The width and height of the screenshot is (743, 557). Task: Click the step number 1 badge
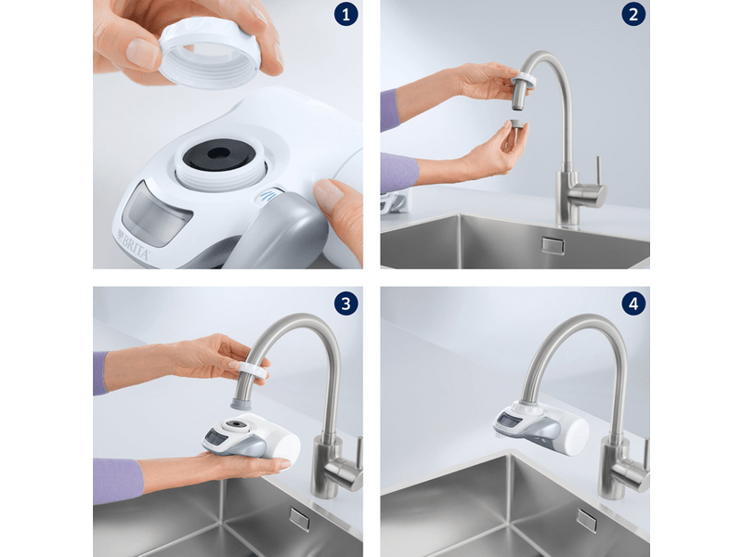click(x=345, y=16)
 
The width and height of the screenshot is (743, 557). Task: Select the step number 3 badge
click(x=345, y=303)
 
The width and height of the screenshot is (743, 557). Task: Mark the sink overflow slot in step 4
click(x=587, y=520)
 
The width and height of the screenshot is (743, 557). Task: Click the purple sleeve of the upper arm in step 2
click(x=390, y=109)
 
